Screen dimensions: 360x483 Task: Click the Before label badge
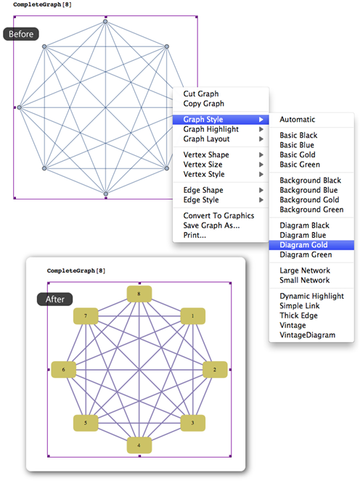pyautogui.click(x=21, y=34)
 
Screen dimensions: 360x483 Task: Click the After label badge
pyautogui.click(x=55, y=299)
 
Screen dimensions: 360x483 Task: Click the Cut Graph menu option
pyautogui.click(x=201, y=94)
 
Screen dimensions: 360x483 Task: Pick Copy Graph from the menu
pyautogui.click(x=203, y=104)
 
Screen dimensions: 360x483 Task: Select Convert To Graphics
pyautogui.click(x=218, y=215)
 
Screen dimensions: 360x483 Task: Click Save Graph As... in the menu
pyautogui.click(x=211, y=226)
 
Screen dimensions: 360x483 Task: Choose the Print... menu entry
pyautogui.click(x=195, y=235)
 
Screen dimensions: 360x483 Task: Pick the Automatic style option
pyautogui.click(x=297, y=119)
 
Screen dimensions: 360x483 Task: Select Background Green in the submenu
pyautogui.click(x=311, y=210)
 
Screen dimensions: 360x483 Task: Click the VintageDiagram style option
pyautogui.click(x=307, y=335)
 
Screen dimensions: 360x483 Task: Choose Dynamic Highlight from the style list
pyautogui.click(x=311, y=296)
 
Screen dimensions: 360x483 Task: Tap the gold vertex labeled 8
pyautogui.click(x=139, y=294)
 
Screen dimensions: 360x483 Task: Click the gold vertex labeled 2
pyautogui.click(x=215, y=370)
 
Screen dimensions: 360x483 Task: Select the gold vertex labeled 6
pyautogui.click(x=63, y=370)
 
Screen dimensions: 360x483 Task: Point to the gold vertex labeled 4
pyautogui.click(x=139, y=445)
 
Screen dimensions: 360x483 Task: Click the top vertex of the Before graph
pyautogui.click(x=105, y=22)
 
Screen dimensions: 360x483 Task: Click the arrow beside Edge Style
pyautogui.click(x=261, y=200)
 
